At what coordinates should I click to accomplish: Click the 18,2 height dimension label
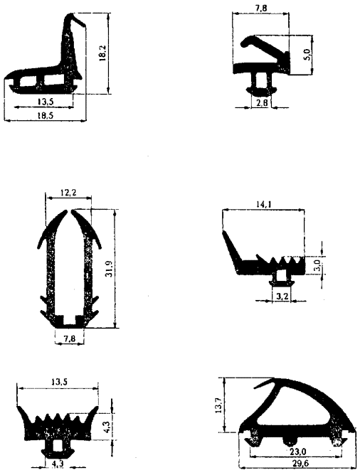(x=102, y=53)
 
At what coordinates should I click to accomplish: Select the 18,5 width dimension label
(x=45, y=115)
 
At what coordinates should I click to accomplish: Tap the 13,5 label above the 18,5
(x=46, y=102)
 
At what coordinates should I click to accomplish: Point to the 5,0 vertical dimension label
(x=307, y=55)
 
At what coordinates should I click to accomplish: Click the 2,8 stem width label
(x=262, y=103)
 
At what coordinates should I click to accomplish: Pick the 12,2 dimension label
(x=68, y=193)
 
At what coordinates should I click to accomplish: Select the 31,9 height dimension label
(x=110, y=268)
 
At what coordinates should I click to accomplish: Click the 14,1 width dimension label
(x=264, y=204)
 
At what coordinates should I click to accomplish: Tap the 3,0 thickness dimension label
(x=317, y=265)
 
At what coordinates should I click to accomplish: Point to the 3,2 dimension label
(x=282, y=297)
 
